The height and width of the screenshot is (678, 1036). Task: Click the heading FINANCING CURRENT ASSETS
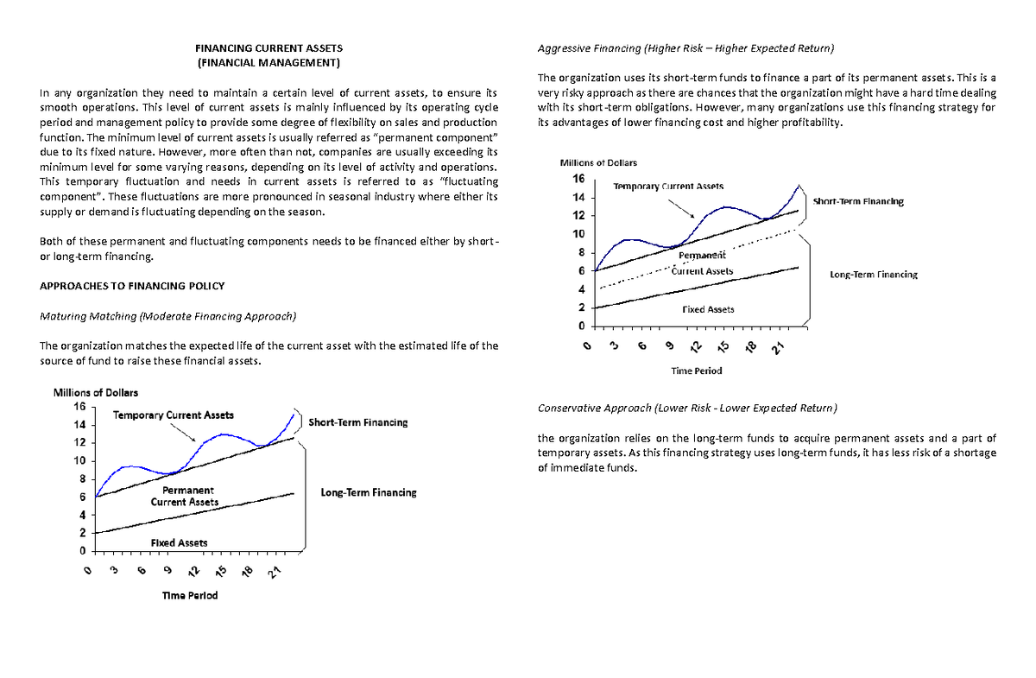tap(268, 48)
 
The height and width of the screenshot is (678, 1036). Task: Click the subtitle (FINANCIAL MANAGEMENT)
tap(268, 64)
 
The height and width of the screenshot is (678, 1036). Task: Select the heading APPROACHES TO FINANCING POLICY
tap(133, 286)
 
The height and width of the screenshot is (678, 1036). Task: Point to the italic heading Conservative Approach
tap(594, 408)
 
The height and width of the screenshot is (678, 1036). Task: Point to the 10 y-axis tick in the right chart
tap(578, 234)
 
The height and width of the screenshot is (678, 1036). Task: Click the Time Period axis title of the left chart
tap(190, 596)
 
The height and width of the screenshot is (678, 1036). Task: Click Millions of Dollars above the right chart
tap(598, 162)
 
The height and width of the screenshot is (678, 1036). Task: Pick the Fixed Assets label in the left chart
tap(179, 542)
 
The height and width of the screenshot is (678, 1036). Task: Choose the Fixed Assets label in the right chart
tap(708, 309)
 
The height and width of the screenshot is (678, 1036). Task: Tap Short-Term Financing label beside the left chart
tap(357, 422)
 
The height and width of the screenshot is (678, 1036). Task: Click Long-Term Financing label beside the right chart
tap(873, 275)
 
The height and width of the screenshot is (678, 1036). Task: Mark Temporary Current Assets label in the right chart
tap(668, 187)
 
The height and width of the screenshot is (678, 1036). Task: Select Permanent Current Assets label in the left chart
tap(183, 496)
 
